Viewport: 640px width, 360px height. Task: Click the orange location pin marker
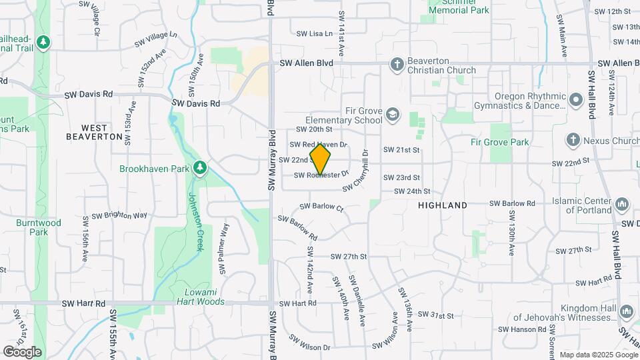(321, 159)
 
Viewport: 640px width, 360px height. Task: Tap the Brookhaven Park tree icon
(199, 169)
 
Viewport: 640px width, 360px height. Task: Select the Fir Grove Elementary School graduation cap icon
(393, 114)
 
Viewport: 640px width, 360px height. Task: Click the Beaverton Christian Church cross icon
(397, 65)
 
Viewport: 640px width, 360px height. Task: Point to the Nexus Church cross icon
(572, 141)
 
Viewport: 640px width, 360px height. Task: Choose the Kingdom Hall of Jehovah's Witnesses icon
(626, 311)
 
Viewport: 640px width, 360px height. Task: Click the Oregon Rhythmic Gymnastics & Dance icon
(576, 100)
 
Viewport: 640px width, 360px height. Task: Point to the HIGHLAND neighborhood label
(443, 206)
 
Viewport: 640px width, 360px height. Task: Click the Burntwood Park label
(39, 227)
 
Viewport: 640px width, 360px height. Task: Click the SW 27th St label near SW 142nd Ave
(349, 257)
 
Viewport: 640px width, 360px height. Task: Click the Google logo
(22, 351)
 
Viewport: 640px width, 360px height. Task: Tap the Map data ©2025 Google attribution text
(597, 355)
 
